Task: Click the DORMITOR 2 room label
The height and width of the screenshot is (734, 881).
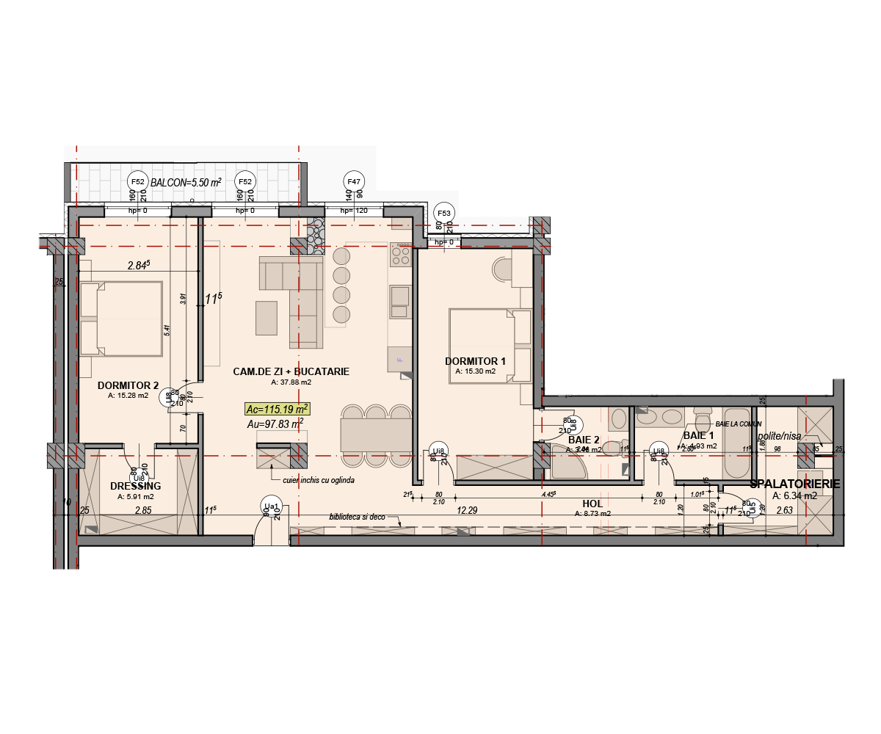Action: coord(128,385)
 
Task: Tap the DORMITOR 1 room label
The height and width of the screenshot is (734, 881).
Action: coord(475,361)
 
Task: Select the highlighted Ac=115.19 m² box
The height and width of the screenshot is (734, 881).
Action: coord(278,409)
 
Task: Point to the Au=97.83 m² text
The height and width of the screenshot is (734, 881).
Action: coord(275,424)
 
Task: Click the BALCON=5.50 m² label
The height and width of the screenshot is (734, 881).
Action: coord(186,182)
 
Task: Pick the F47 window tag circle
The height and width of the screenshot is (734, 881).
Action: coord(354,181)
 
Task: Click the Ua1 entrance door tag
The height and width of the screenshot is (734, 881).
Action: coord(270,506)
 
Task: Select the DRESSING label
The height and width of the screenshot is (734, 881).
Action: coord(135,486)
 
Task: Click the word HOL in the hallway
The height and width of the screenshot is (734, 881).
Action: coord(592,504)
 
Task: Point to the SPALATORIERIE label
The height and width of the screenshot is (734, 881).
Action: coord(795,484)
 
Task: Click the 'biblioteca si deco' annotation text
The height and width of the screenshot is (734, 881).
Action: coord(358,517)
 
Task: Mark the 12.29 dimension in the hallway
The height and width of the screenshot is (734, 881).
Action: coord(468,509)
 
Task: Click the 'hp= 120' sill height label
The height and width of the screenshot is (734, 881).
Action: coord(353,211)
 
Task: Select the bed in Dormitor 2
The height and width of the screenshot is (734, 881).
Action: coord(121,319)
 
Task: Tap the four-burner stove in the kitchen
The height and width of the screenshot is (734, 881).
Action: coord(401,255)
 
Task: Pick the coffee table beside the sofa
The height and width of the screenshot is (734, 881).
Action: coord(266,318)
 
